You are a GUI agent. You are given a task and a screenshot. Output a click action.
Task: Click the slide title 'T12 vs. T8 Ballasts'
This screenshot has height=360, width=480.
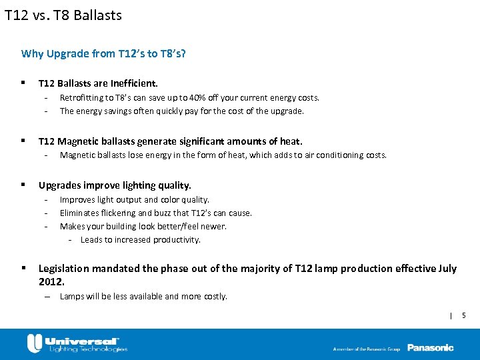point(63,15)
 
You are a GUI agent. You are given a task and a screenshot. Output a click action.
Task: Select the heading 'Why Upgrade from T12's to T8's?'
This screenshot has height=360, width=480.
point(103,53)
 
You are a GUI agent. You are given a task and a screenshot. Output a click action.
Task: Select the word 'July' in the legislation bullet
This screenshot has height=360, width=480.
point(448,268)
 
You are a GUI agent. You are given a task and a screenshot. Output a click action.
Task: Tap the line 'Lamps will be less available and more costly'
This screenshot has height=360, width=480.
point(143,296)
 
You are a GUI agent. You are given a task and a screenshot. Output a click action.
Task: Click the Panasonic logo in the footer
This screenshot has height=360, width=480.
point(430,347)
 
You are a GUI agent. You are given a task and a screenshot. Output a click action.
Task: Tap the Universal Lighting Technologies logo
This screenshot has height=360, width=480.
point(77,343)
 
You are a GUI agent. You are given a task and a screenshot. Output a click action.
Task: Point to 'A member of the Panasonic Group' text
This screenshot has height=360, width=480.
point(367,349)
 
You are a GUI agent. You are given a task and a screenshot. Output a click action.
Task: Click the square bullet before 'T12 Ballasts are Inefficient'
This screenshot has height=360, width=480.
point(23,83)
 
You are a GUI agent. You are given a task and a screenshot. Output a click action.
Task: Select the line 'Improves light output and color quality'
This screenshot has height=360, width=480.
point(134,199)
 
